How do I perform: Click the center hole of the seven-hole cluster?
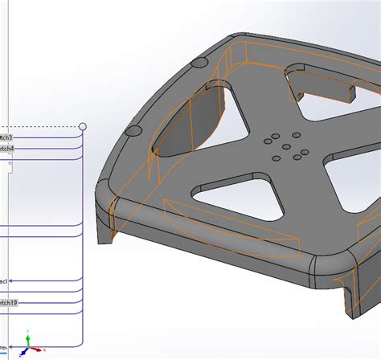(x=286, y=146)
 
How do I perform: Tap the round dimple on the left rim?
(x=135, y=129)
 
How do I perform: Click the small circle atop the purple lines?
(x=82, y=127)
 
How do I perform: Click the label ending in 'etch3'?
(x=6, y=137)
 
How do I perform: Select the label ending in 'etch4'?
(x=6, y=149)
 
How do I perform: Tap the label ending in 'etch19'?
(x=8, y=303)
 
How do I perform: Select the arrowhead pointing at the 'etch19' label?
(x=22, y=303)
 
